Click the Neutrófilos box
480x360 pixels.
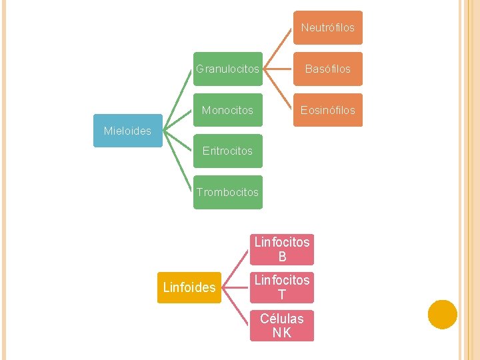pos(327,28)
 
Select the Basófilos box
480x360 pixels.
pos(327,69)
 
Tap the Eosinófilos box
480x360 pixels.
pos(327,110)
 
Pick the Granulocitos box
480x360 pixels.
pos(227,69)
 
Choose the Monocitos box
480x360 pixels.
pos(227,110)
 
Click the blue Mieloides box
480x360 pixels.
pos(127,131)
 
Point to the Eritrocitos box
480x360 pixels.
pos(227,151)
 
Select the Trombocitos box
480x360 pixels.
pos(227,192)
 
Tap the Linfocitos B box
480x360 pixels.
pos(282,249)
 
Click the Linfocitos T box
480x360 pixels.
pos(282,287)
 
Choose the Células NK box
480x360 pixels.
pos(282,325)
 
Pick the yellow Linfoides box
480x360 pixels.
pos(189,287)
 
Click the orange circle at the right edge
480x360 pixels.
pos(443,315)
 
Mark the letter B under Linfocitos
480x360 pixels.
pos(282,257)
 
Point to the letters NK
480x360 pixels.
pos(282,333)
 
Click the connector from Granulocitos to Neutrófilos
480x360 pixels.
pos(277,49)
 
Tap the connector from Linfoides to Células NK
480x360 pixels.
pos(236,307)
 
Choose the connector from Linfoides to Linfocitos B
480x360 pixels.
pos(236,268)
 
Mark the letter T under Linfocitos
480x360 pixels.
pos(282,295)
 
